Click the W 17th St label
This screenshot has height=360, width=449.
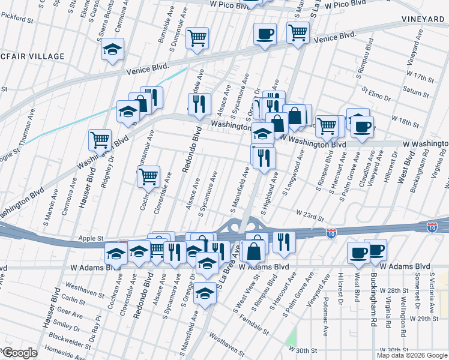[x=420, y=78]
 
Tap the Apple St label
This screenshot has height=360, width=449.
[x=92, y=238]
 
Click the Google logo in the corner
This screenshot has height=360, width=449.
[x=19, y=353]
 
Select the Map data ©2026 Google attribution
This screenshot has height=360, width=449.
[x=411, y=355]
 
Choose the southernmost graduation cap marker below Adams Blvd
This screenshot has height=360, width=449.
[x=205, y=294]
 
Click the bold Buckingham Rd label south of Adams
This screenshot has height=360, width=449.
[x=373, y=297]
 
